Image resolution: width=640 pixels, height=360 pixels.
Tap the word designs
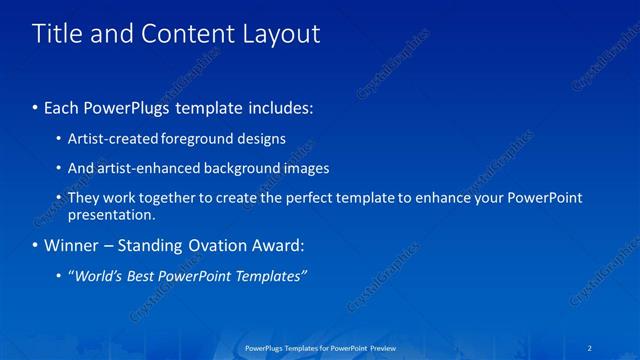(259, 139)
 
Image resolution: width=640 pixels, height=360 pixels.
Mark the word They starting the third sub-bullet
(84, 198)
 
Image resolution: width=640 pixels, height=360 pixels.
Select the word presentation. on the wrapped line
(111, 214)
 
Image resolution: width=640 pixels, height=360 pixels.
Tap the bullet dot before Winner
(36, 246)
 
